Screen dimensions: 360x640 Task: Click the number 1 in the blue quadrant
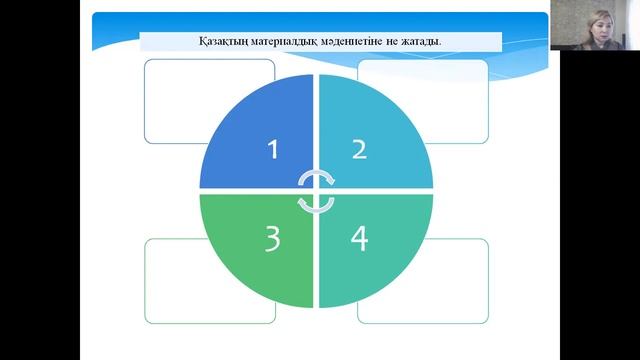tap(273, 150)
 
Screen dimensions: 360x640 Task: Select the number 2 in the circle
tap(359, 149)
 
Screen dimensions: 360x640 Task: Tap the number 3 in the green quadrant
tap(273, 241)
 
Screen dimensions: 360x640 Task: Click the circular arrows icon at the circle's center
tap(316, 190)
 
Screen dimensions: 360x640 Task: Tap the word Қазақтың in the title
tap(221, 41)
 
